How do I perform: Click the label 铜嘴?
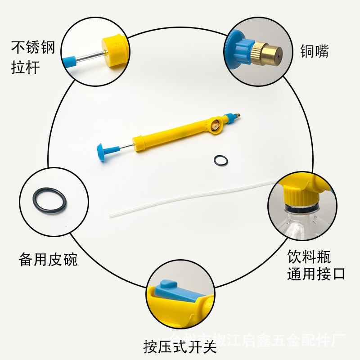click(315, 51)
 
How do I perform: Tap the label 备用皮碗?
click(48, 260)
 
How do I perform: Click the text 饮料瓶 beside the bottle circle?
click(309, 257)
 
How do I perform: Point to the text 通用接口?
click(316, 274)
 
